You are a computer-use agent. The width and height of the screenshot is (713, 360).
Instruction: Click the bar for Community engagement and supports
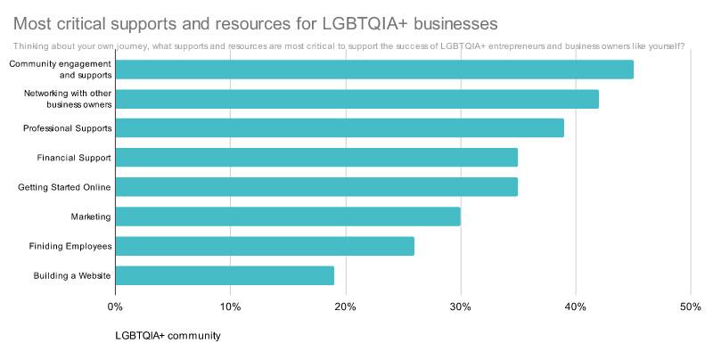coord(374,70)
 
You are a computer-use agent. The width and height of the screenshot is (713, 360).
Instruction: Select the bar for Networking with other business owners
coord(356,99)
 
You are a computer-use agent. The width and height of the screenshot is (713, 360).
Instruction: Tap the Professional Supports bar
coord(340,128)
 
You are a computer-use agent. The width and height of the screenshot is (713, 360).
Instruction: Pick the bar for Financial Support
coord(316,158)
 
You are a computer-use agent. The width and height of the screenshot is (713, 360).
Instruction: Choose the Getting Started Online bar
coord(316,187)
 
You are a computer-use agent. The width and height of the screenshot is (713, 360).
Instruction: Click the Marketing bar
coord(288,217)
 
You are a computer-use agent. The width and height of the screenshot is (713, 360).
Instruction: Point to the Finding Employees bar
coord(265,246)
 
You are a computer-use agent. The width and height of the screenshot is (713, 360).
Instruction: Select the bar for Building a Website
coord(225,275)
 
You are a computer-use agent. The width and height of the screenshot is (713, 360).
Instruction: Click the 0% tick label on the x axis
coord(115,307)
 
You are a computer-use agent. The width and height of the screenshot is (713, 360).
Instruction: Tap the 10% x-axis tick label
coord(230,307)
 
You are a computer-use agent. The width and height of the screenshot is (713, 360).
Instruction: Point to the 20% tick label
coord(345,307)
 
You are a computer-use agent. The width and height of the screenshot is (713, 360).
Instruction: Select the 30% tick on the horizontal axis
coord(460,307)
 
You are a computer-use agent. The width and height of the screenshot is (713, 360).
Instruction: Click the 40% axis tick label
coord(575,307)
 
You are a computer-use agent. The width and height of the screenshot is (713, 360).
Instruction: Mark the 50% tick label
coord(690,307)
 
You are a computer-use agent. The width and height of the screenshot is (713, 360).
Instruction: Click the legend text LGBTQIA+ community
coord(168,336)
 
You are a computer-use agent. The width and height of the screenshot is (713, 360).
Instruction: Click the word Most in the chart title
coord(33,20)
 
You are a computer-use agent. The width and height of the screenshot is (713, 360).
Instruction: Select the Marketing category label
coord(91,217)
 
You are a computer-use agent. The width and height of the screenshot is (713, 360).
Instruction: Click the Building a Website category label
coord(72,276)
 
